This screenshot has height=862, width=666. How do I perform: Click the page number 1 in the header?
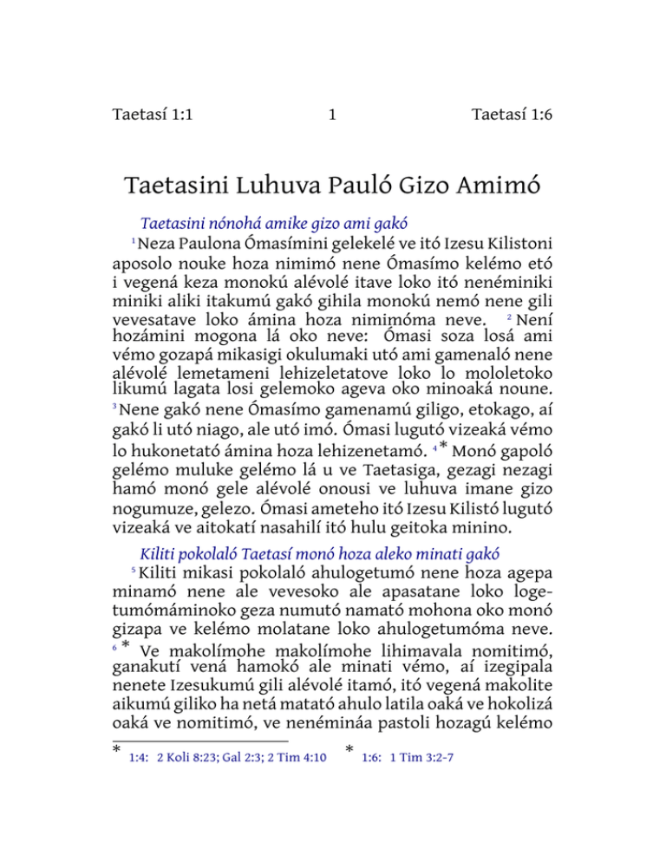click(x=333, y=114)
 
